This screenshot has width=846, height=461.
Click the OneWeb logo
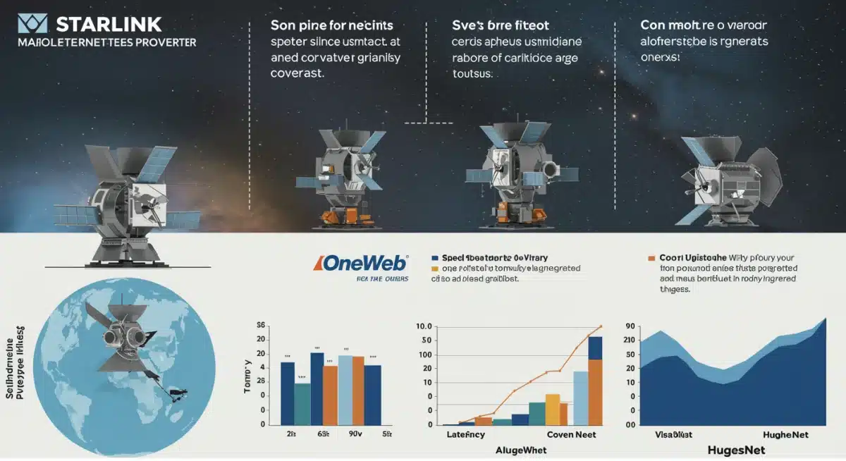tap(361, 264)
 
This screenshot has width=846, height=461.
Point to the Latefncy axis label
tap(465, 434)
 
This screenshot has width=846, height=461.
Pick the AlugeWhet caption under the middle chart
tap(523, 449)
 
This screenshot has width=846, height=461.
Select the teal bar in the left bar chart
tap(302, 404)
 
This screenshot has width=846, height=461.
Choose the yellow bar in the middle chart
tap(552, 410)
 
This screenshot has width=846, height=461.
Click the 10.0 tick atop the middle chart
tap(424, 326)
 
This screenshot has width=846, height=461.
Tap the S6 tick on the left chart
tap(260, 325)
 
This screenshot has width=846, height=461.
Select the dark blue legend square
tap(435, 259)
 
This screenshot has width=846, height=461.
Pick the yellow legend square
tap(435, 269)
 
